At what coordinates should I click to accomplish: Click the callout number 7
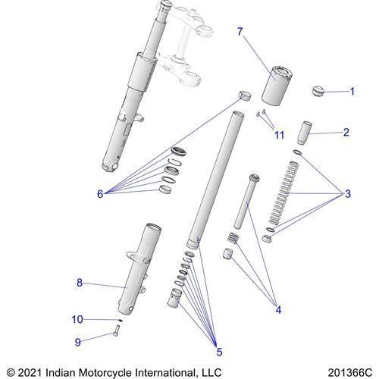pos(240,32)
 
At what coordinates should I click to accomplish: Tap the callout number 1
pos(352,92)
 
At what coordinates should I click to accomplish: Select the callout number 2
pos(346,133)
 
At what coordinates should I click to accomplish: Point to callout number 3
pos(348,194)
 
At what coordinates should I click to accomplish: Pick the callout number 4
pos(278,309)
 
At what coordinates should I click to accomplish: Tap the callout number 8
pos(80,283)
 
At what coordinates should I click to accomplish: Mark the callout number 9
pos(78,343)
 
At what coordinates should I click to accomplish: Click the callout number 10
pos(77,320)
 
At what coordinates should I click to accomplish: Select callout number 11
pos(279,135)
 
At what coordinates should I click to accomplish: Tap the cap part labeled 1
pos(318,91)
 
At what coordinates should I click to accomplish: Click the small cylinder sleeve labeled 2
pos(305,133)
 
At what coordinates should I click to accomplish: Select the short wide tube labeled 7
pos(277,85)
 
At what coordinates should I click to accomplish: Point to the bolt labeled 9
pos(116,331)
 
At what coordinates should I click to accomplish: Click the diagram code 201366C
pos(350,373)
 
